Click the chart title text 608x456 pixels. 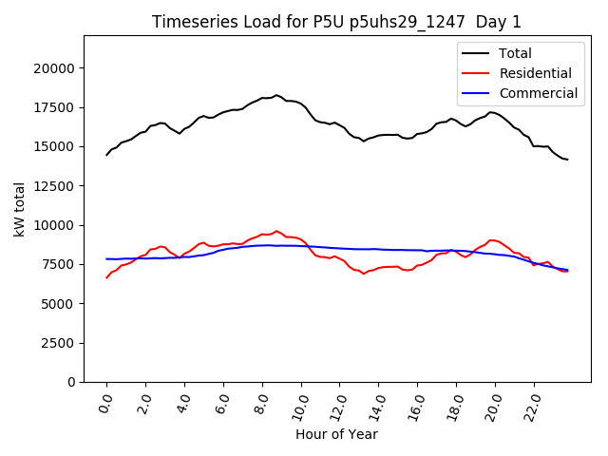coord(336,22)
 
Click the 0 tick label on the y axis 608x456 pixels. coord(72,382)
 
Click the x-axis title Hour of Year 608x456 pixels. coord(336,434)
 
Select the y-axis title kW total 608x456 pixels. coord(19,209)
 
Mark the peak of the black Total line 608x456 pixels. coord(276,95)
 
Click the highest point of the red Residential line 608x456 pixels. coord(276,231)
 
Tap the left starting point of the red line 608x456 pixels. coord(106,277)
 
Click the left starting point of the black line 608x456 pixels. coord(106,155)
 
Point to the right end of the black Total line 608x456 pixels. coord(568,160)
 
